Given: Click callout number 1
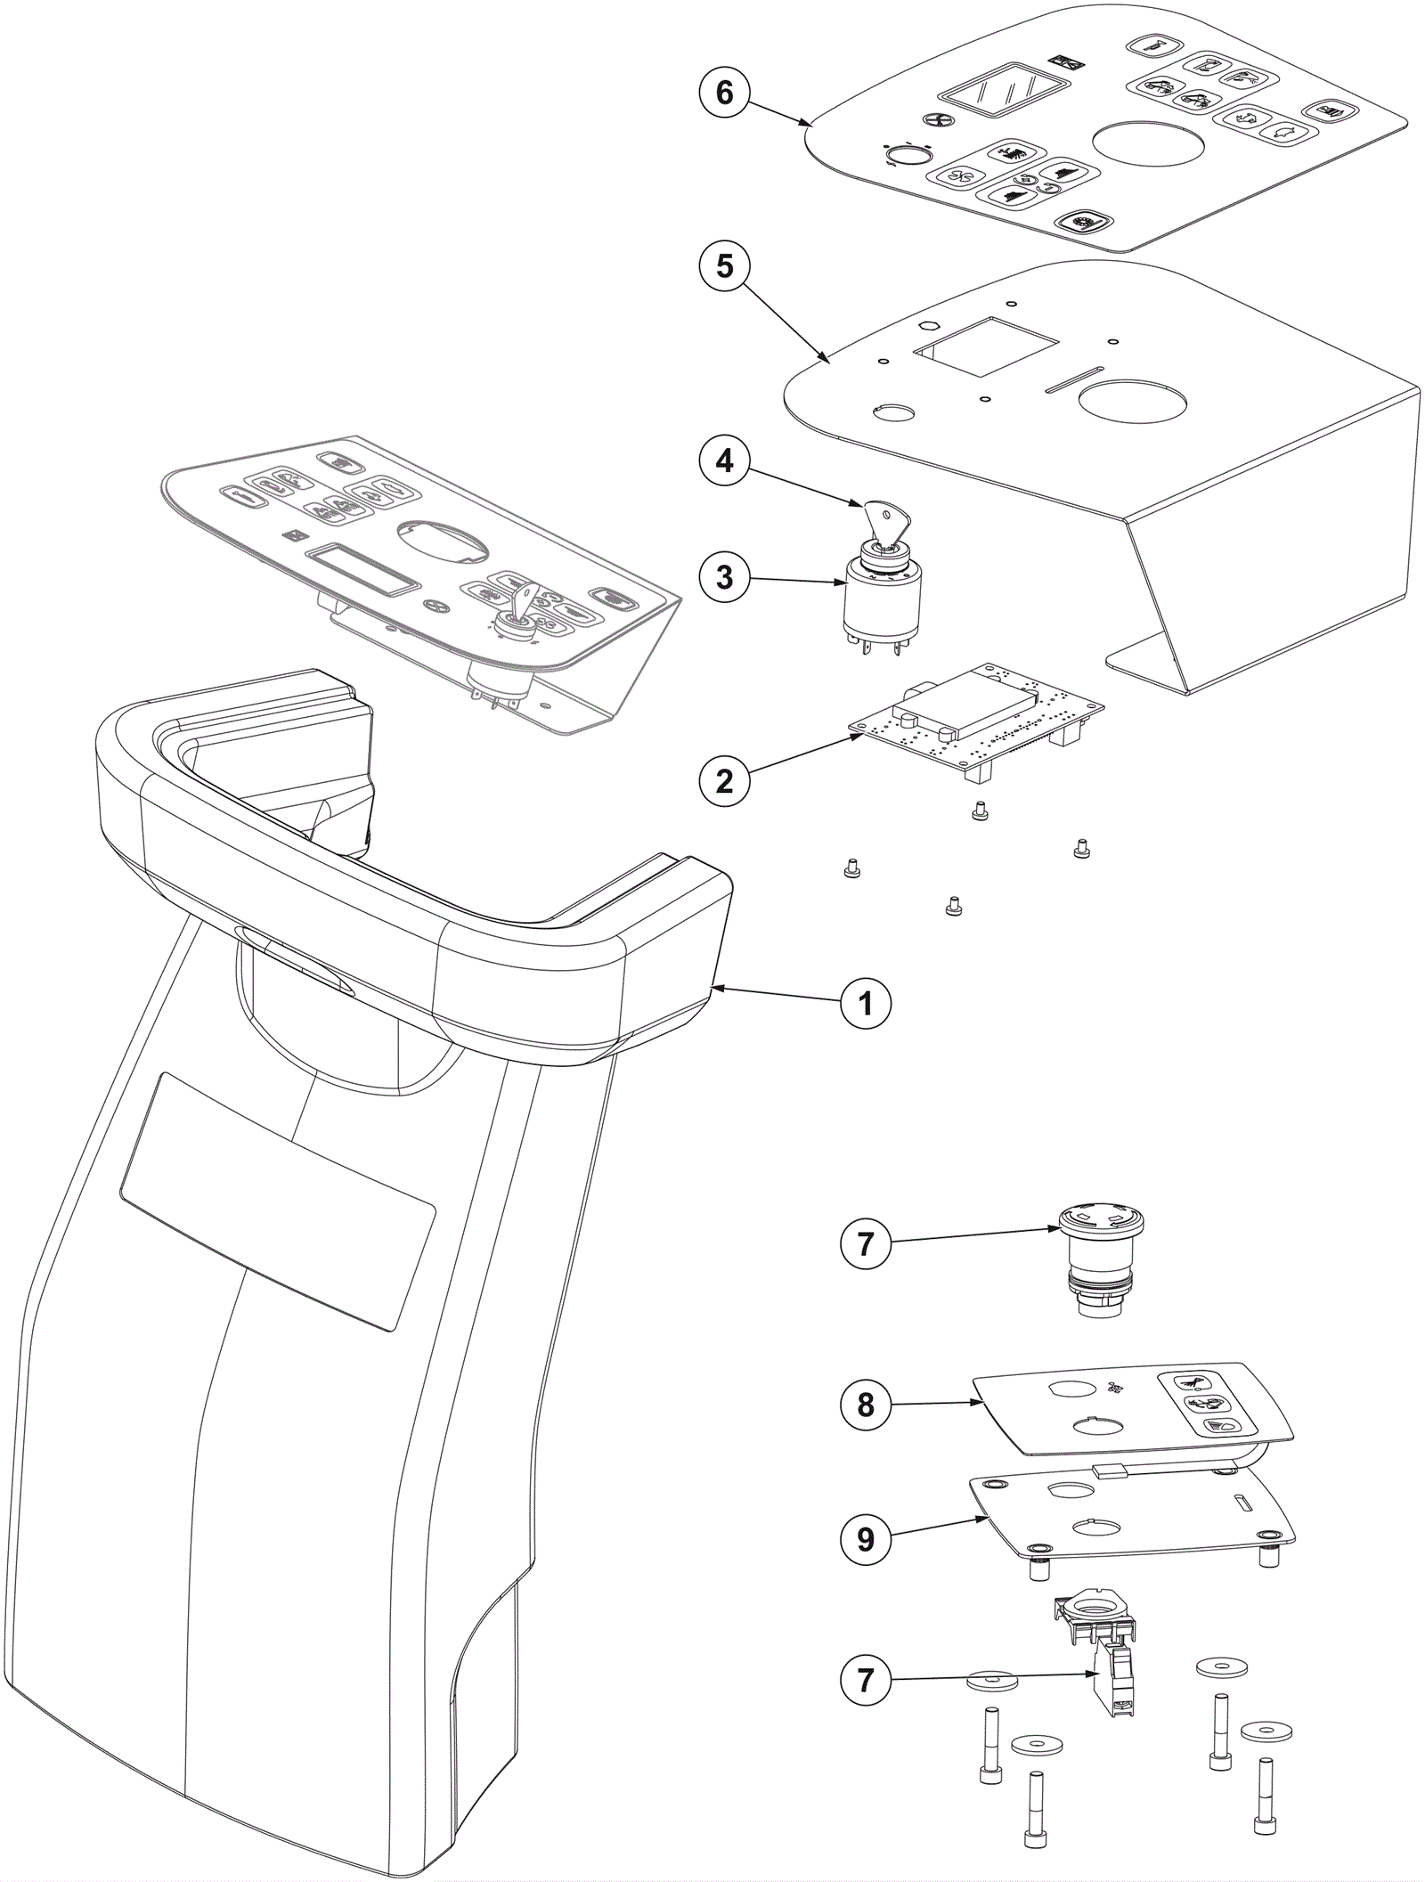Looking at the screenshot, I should (x=865, y=1004).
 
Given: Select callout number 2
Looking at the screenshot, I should (x=724, y=780).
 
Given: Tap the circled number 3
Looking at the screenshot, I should (x=724, y=576).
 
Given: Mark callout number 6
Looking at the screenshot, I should (x=724, y=93).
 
